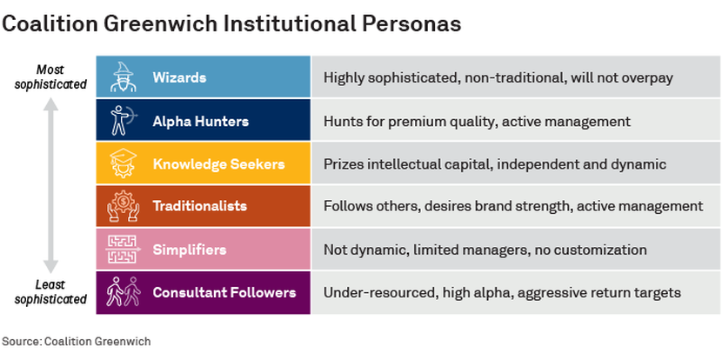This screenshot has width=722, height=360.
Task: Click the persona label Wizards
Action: point(179,77)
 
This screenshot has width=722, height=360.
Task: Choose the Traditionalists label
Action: point(199,206)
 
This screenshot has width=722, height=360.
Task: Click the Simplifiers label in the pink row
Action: point(189,250)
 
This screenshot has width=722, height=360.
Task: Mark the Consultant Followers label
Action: point(224,292)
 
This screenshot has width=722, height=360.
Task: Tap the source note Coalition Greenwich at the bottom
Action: point(77,342)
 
